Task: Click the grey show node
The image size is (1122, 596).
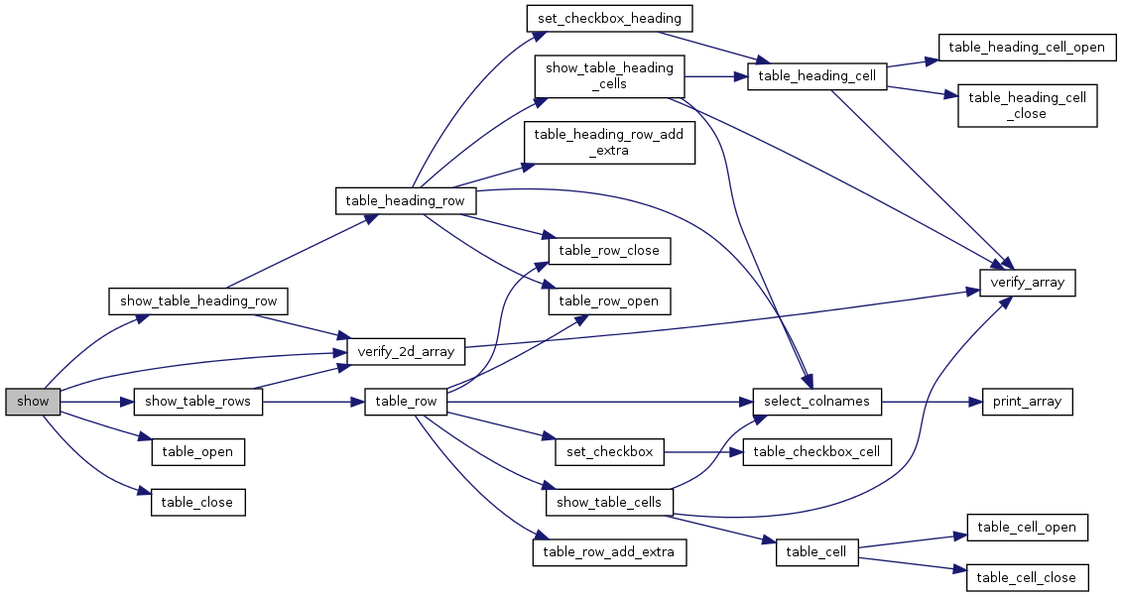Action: [33, 402]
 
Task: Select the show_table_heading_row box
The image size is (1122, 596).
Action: [198, 301]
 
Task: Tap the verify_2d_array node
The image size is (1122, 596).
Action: [406, 351]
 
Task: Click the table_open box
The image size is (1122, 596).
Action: [197, 452]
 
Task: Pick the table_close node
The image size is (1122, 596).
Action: [197, 502]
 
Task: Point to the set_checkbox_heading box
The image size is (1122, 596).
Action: [610, 18]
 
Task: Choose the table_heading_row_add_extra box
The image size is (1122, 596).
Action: [610, 143]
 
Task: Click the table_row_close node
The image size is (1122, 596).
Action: [610, 251]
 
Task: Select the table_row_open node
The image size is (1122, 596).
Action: [610, 301]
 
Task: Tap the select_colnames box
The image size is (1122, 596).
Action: [817, 402]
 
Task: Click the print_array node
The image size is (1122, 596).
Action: [1028, 402]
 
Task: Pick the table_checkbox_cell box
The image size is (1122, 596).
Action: [817, 452]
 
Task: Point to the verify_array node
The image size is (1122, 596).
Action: [1028, 283]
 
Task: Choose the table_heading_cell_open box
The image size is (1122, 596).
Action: [1028, 48]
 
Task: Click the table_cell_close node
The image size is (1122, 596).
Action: [1028, 577]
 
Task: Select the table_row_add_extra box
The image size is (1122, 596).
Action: [610, 552]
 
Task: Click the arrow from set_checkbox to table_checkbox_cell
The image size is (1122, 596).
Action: [703, 452]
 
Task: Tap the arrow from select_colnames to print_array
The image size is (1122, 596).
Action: [933, 402]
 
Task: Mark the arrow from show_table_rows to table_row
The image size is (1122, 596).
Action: [313, 402]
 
